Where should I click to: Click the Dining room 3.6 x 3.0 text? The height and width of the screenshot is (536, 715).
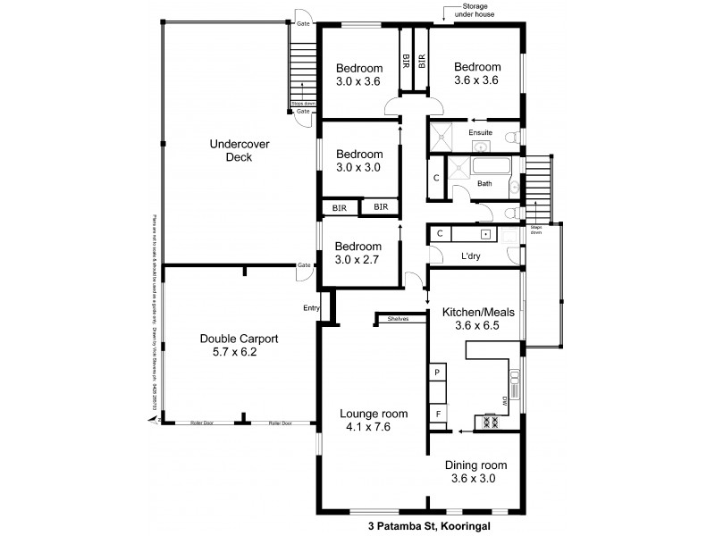[476, 472]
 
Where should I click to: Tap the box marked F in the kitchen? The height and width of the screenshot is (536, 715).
[438, 415]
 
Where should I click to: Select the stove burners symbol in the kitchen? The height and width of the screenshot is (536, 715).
[491, 419]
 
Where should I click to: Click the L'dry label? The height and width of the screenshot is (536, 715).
[471, 257]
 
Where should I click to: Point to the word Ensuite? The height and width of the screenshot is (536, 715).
[481, 133]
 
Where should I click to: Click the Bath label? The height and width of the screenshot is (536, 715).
[484, 183]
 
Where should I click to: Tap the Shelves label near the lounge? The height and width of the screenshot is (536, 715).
[399, 318]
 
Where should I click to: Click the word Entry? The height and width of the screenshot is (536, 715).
[310, 308]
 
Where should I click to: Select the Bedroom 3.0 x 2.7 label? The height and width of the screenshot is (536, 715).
[358, 254]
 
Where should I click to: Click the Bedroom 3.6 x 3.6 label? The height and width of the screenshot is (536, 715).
[476, 73]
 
